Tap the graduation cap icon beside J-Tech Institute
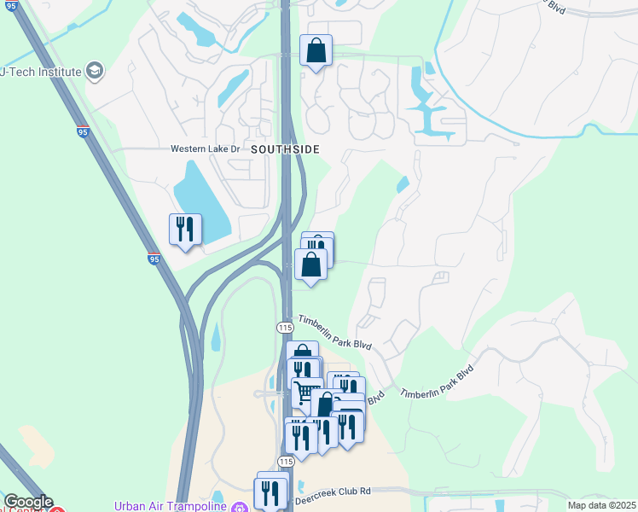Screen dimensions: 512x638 click(96, 70)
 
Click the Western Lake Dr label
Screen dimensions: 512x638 click(206, 148)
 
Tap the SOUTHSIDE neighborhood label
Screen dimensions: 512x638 click(285, 149)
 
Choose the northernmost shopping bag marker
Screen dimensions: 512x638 click(316, 51)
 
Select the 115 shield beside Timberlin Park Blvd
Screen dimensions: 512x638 click(285, 328)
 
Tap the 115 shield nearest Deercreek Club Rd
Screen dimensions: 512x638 click(286, 461)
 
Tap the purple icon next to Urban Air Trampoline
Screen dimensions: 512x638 click(240, 507)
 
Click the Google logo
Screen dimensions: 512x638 click(28, 503)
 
